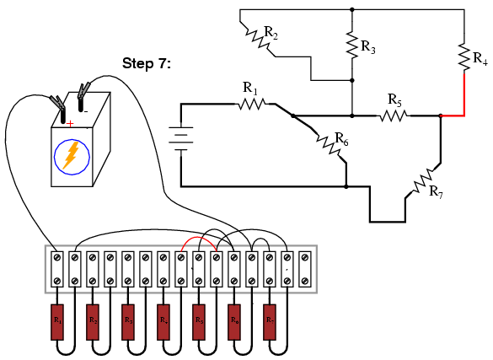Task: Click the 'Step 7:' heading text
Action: pyautogui.click(x=147, y=63)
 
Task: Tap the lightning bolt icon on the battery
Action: pyautogui.click(x=72, y=155)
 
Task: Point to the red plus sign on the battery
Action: pyautogui.click(x=69, y=123)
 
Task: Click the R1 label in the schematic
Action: pyautogui.click(x=250, y=88)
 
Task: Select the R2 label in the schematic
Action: pyautogui.click(x=271, y=33)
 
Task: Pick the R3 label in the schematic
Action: pyautogui.click(x=368, y=47)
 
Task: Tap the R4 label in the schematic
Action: pyautogui.click(x=480, y=59)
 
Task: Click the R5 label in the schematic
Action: pyautogui.click(x=394, y=99)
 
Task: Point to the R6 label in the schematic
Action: pyautogui.click(x=341, y=137)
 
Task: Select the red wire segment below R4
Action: pyautogui.click(x=464, y=93)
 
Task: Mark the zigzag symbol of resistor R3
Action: pyautogui.click(x=351, y=46)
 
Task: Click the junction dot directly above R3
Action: pyautogui.click(x=351, y=10)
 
